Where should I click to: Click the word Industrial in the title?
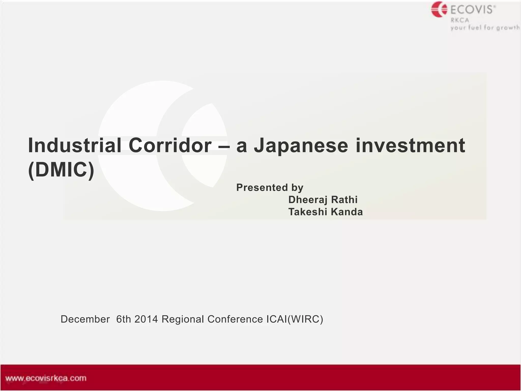(x=74, y=146)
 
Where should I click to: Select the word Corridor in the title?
(x=170, y=146)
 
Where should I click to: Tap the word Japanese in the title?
(x=301, y=146)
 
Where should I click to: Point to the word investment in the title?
(x=410, y=146)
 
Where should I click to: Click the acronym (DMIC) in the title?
(x=61, y=170)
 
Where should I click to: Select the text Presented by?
(x=270, y=188)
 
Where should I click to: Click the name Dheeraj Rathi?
(x=323, y=200)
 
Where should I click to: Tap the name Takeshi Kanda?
(x=325, y=212)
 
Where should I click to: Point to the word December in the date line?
(x=85, y=319)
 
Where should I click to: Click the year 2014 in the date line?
(x=146, y=319)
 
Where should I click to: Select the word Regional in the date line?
(x=183, y=319)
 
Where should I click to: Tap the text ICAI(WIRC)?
(x=295, y=319)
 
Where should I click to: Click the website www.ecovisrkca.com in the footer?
(x=46, y=378)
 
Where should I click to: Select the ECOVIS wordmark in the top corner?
(x=473, y=10)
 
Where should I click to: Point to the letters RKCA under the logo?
(x=460, y=20)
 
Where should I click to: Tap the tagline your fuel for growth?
(x=485, y=27)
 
